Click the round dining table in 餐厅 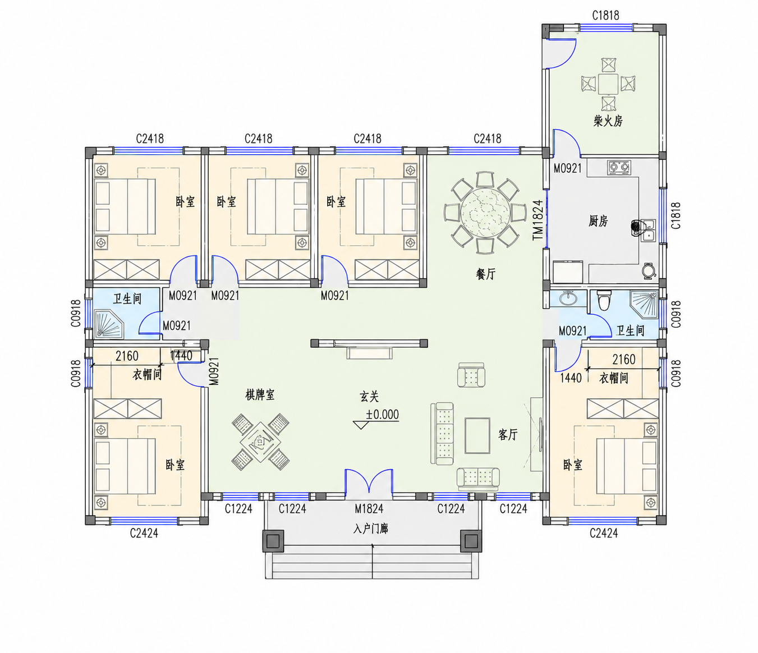click(x=485, y=212)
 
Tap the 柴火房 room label click(x=608, y=121)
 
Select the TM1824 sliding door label click(x=538, y=219)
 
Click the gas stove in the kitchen click(x=619, y=167)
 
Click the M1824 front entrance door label click(x=369, y=508)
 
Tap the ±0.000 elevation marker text click(x=382, y=415)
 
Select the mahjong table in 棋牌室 click(x=260, y=442)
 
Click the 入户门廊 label click(x=370, y=528)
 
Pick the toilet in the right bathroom click(x=603, y=300)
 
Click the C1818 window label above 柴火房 click(x=605, y=15)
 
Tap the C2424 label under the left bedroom click(x=144, y=533)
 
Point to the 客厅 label click(x=508, y=434)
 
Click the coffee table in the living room click(x=477, y=435)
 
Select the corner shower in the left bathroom click(x=109, y=324)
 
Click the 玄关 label click(x=369, y=397)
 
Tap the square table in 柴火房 click(x=608, y=84)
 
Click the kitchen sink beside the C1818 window click(x=649, y=229)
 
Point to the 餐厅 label click(x=485, y=274)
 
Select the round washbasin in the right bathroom click(x=568, y=298)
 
